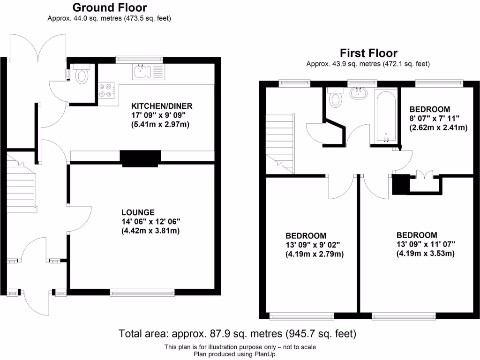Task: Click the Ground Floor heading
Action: (x=109, y=7)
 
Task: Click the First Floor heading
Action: (x=368, y=53)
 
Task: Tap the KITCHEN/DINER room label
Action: (x=162, y=105)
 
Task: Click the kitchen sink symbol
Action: (x=141, y=72)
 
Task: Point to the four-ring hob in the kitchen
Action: (x=107, y=90)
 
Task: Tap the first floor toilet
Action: (x=336, y=98)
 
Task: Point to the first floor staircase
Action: (x=280, y=143)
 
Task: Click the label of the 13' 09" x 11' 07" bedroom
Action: (x=417, y=235)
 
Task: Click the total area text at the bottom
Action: (x=238, y=334)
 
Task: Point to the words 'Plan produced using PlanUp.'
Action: (x=240, y=354)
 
